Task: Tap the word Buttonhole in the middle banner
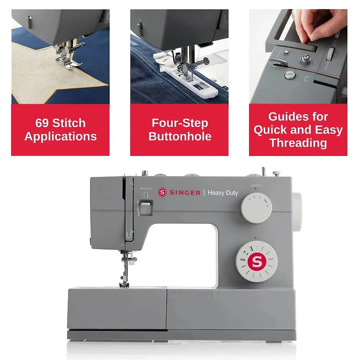pos(180,136)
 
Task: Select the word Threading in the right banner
pos(297,143)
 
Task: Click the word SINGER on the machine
pos(185,193)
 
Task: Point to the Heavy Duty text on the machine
pos(223,193)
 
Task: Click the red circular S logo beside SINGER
pos(162,193)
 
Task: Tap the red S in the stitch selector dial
pos(256,261)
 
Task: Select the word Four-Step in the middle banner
pos(180,123)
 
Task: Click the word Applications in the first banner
pos(60,136)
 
